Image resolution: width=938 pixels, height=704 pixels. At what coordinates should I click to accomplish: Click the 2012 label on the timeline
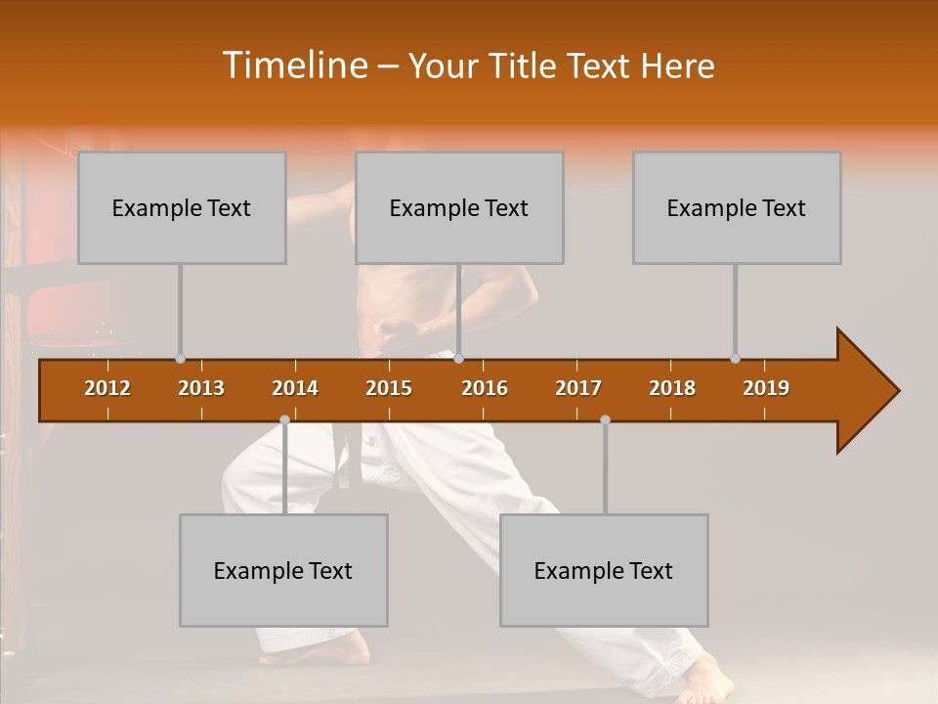(107, 388)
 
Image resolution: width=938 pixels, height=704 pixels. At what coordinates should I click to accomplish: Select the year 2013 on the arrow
(201, 388)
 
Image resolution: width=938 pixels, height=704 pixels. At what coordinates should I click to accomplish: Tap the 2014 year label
(295, 388)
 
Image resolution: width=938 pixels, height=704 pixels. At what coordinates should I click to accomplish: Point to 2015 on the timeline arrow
(389, 388)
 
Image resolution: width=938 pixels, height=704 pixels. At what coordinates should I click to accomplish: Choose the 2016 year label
(485, 388)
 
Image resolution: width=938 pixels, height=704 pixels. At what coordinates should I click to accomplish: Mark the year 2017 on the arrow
(578, 388)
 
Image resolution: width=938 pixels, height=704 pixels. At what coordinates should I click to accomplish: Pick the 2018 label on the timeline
(672, 388)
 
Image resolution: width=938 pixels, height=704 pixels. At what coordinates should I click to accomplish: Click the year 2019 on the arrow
(766, 388)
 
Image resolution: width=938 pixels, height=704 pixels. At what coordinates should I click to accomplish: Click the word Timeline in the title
(293, 65)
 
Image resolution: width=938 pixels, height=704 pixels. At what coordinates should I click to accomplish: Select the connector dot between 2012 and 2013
(180, 359)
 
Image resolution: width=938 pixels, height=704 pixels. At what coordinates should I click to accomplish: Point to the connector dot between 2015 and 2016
(459, 359)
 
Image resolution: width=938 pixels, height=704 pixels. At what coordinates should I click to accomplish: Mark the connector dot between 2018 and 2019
(735, 359)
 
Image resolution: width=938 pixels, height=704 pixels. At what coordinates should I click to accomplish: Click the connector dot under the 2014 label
(284, 419)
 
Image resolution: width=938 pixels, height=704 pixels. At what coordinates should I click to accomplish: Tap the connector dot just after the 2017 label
(605, 419)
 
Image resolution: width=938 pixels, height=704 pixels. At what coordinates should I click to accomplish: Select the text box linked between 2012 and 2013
(182, 207)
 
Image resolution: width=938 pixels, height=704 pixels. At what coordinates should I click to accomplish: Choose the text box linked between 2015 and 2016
(459, 207)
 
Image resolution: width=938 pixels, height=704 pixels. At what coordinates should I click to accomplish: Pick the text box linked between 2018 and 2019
(737, 207)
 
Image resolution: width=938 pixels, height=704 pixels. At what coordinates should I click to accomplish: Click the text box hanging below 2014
(283, 570)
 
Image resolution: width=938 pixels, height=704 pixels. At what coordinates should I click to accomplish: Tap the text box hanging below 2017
(604, 570)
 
